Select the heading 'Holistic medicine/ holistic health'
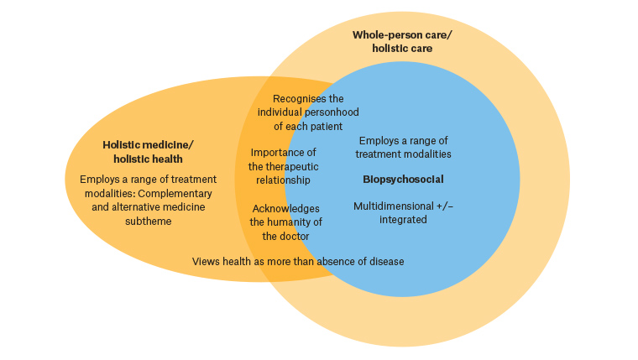tap(148, 152)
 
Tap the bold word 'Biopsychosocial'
tap(403, 180)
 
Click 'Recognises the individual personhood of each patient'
tap(300, 112)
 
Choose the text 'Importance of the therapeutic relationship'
tap(283, 165)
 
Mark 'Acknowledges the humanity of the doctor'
tap(285, 222)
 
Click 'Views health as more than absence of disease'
tap(298, 262)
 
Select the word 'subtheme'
tap(109, 222)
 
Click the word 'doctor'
tap(295, 236)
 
